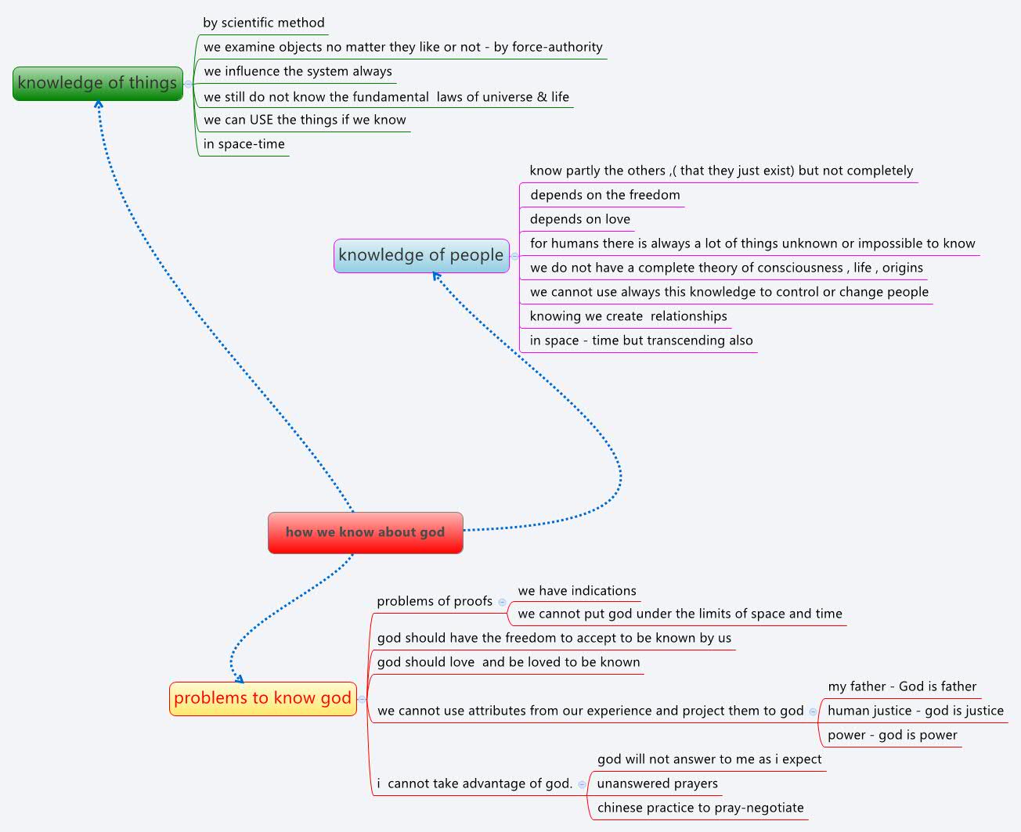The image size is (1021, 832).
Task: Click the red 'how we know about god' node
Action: coord(365,533)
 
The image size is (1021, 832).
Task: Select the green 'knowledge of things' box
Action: coord(98,84)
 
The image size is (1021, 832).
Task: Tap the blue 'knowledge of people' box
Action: coord(421,256)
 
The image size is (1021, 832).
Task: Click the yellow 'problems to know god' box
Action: coord(263,699)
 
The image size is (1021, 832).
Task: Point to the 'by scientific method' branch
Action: coord(263,23)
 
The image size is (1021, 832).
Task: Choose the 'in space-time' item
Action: coord(244,144)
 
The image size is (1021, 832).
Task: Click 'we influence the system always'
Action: coord(298,71)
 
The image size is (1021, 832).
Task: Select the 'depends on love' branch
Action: coord(579,219)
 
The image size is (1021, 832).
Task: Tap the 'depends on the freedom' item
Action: coord(604,195)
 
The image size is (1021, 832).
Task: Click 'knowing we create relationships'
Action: coord(628,316)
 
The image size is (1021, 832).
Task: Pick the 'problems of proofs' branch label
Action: coord(435,601)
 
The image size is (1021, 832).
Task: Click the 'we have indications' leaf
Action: coord(577,591)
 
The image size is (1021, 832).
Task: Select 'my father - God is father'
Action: coord(902,686)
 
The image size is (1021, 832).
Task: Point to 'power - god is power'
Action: coord(892,735)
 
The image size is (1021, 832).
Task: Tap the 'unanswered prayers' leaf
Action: coord(657,783)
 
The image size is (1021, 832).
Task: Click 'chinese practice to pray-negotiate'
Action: coord(700,808)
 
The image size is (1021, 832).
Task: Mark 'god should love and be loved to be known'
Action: coord(508,662)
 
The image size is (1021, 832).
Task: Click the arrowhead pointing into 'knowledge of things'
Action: coord(99,105)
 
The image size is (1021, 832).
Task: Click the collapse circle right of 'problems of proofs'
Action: coord(502,602)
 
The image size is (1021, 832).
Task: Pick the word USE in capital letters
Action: coord(262,120)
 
